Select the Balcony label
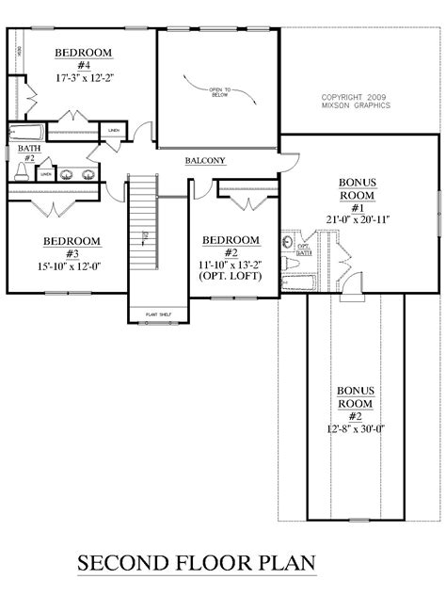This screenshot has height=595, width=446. (x=204, y=161)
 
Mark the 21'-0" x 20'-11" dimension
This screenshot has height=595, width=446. (x=358, y=218)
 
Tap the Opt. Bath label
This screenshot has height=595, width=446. (x=304, y=249)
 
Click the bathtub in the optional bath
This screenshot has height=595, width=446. (x=311, y=283)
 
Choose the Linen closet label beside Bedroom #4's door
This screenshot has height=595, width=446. (x=113, y=130)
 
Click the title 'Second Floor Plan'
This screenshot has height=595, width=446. (x=195, y=564)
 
